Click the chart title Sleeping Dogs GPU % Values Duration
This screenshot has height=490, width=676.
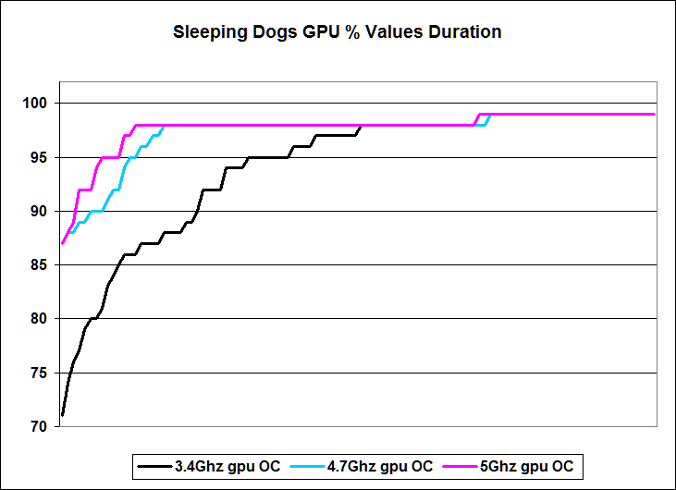338,32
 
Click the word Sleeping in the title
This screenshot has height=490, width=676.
206,32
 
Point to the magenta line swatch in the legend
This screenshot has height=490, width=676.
458,467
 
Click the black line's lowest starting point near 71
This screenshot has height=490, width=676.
62,415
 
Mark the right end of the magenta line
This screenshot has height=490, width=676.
654,115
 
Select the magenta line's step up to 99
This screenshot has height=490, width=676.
477,117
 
